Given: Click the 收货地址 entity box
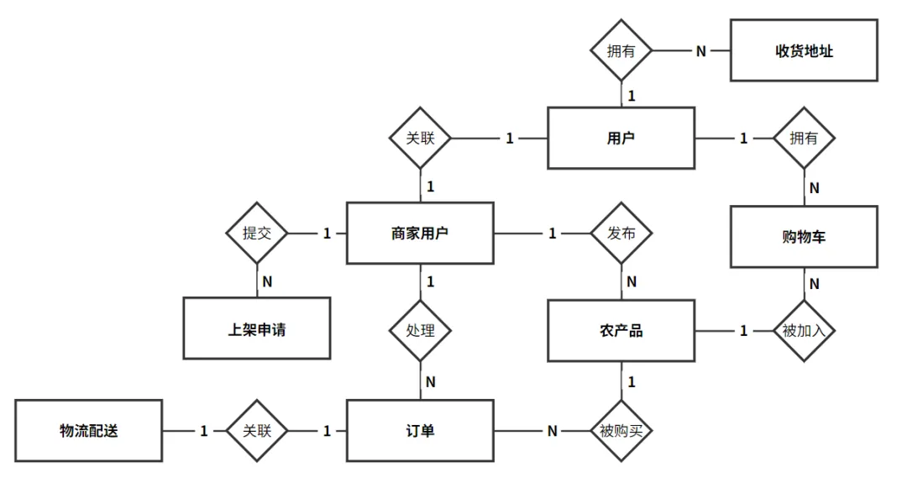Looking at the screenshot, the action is pos(804,50).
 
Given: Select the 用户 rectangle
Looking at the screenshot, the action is pos(621,139).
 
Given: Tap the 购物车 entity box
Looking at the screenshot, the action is pos(804,237).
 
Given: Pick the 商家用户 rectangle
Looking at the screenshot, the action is pos(420,234).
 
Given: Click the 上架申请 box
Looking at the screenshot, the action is pos(257,328).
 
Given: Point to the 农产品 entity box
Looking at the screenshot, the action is pos(621,331).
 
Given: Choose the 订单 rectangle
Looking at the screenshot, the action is pos(420,431).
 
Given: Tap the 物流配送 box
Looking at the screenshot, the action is pos(88,431).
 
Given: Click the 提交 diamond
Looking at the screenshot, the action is pos(257,234).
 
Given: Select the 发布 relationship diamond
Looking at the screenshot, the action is pos(621,234).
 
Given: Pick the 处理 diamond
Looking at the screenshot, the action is pos(420,331).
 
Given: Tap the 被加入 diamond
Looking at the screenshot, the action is pos(804,331).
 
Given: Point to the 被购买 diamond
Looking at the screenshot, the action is pos(621,431).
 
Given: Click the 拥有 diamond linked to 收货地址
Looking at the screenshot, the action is pos(621,50).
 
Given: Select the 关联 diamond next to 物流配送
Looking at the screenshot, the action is pos(257,431).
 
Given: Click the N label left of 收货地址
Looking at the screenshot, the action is pos(701,51).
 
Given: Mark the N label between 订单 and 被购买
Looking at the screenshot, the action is pos(553,431).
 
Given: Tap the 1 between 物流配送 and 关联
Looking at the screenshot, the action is pos(203,431).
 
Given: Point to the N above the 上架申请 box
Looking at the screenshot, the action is pos(267,281).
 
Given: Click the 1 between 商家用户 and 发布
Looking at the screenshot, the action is pos(553,234).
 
